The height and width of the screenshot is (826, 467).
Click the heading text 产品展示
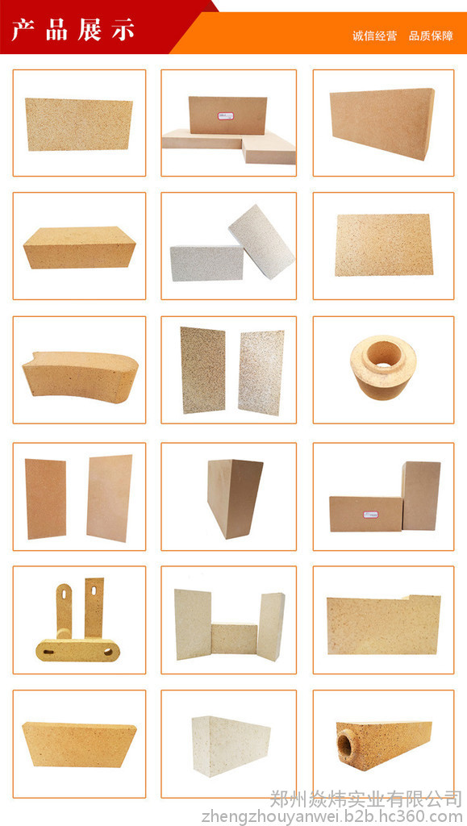[73, 30]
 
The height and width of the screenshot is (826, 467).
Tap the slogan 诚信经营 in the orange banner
[374, 35]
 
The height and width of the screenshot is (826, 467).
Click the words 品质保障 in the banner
[431, 35]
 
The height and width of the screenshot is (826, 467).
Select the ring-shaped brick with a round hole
[383, 367]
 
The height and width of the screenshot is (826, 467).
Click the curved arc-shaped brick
[80, 377]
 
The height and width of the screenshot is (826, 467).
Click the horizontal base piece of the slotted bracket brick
[77, 650]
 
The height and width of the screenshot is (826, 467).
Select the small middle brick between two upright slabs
[234, 638]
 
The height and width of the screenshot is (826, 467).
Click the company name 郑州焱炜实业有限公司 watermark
[366, 799]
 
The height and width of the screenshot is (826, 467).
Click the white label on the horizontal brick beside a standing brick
[370, 514]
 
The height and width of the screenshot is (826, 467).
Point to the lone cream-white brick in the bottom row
[231, 745]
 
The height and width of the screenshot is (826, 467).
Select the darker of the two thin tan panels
[45, 499]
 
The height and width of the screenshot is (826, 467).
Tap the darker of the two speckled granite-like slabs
[202, 369]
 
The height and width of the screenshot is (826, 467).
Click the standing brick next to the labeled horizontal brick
[421, 496]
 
